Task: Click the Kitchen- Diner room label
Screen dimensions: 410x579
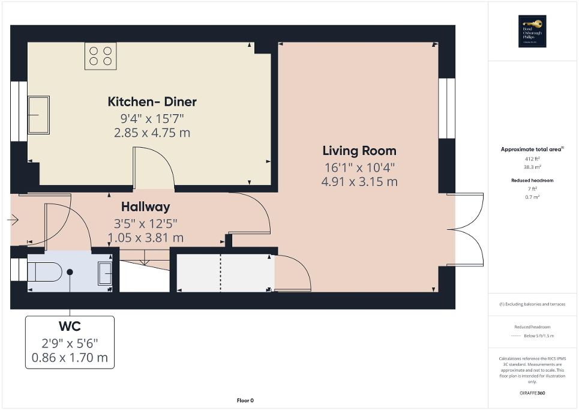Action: point(152,101)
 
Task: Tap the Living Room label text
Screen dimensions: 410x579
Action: point(359,151)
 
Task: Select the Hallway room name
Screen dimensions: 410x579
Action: point(145,207)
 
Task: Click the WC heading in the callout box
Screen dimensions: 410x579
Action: point(70,327)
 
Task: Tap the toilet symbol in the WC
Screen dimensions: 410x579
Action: point(44,271)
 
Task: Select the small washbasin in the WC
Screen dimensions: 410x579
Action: point(105,273)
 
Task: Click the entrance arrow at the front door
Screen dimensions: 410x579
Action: point(14,220)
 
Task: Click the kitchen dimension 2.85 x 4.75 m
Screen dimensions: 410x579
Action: point(152,133)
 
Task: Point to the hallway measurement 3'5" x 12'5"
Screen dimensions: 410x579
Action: point(145,223)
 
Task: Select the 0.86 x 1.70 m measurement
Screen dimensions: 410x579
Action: point(70,358)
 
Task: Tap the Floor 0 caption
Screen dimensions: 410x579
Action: point(245,400)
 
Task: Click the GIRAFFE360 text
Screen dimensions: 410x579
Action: point(533,393)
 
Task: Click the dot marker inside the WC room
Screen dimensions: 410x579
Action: point(70,272)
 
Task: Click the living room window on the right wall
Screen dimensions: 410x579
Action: point(446,109)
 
